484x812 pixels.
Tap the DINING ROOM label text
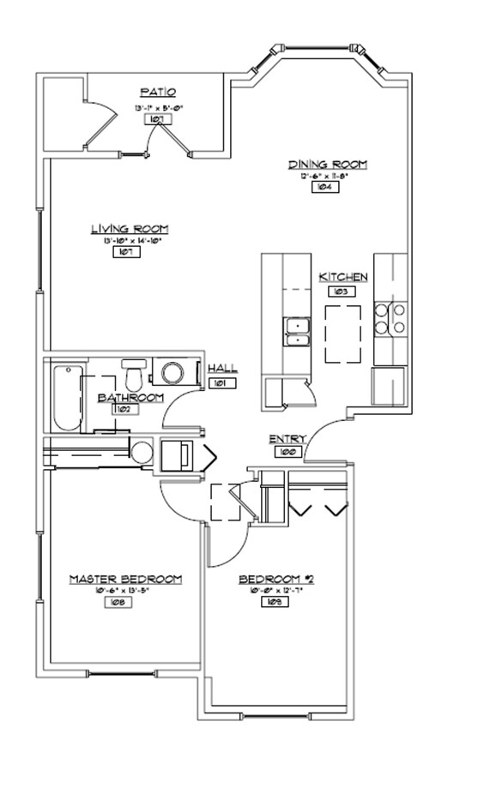pos(328,164)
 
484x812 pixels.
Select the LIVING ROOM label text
pos(130,229)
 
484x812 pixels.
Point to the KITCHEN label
pos(343,277)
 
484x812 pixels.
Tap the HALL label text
pos(223,370)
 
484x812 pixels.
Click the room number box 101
pos(221,383)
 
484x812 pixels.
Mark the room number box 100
pos(287,451)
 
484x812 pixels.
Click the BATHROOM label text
pos(130,398)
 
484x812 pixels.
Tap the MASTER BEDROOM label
pos(125,580)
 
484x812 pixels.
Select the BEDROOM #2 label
pos(276,580)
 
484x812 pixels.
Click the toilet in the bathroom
pos(133,375)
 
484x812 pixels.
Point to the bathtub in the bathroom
pos(65,399)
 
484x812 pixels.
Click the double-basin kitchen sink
pos(297,330)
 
